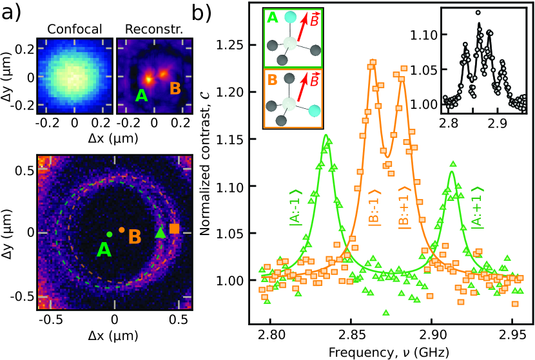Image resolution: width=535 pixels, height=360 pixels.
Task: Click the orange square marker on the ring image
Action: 174,229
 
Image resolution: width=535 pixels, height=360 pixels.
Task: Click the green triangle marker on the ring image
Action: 160,233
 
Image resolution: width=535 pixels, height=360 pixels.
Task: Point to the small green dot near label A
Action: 110,234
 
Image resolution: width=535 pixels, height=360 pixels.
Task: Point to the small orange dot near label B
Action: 121,229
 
